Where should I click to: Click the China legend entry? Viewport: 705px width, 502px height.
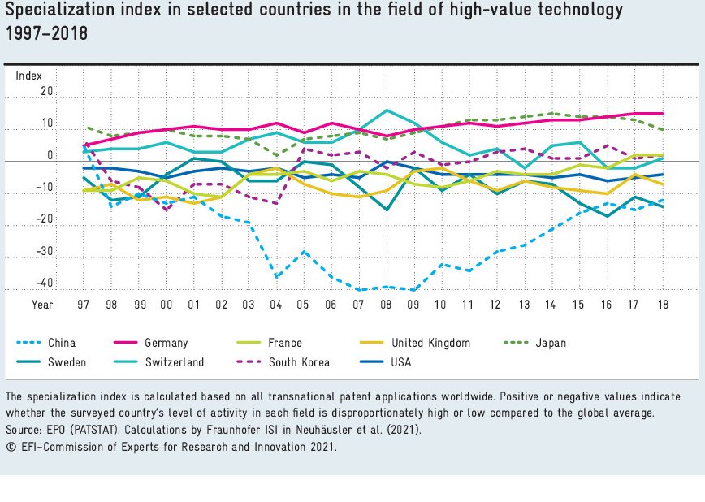(61, 343)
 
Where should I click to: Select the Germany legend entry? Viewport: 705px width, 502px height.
(167, 343)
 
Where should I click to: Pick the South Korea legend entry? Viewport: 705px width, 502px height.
(299, 362)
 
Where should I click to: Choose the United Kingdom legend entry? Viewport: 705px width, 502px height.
(430, 343)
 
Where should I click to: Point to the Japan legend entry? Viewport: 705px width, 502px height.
(551, 343)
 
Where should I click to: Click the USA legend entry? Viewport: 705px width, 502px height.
(400, 362)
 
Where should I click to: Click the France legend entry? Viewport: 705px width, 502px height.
(284, 343)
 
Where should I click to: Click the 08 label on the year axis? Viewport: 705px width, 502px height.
(387, 304)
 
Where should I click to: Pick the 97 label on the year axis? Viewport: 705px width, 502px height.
(84, 304)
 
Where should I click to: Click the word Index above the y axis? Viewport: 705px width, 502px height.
(29, 76)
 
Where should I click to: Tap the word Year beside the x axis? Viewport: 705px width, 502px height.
(41, 304)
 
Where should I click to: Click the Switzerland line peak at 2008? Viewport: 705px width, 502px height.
(387, 110)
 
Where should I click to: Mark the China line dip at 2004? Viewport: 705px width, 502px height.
(277, 277)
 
